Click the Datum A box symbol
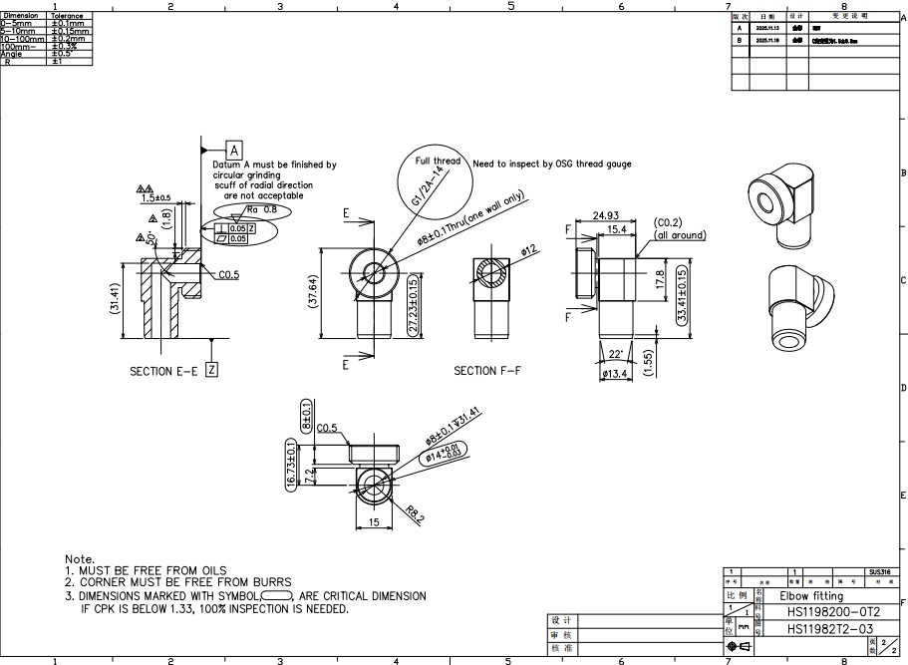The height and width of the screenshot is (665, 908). [235, 151]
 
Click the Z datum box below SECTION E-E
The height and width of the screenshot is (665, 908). [211, 370]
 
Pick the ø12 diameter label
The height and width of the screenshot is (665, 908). [528, 250]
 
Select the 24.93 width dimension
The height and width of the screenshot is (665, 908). [606, 215]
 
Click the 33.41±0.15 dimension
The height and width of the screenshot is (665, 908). [683, 296]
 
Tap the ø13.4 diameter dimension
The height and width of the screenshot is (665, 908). [615, 374]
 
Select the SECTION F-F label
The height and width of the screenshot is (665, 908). [487, 371]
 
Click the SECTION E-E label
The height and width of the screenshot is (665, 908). [163, 371]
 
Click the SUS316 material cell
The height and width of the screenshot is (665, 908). [880, 572]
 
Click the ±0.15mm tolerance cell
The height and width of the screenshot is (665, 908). [70, 31]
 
